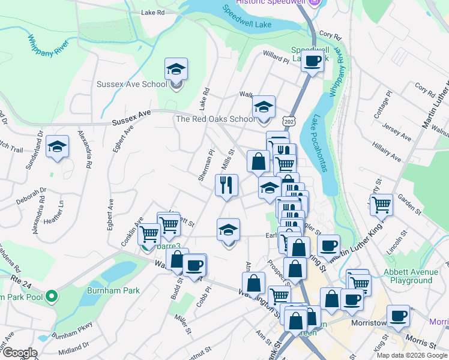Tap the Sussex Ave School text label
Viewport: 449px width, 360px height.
[132, 84]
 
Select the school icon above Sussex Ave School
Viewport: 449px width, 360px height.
[176, 70]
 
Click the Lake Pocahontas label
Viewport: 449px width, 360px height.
[319, 143]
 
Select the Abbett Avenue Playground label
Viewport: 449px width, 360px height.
[411, 276]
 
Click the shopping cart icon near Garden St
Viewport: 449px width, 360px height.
[381, 205]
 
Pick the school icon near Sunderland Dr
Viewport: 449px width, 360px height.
[57, 147]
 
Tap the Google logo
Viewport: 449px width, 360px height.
[19, 353]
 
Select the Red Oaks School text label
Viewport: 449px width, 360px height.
[215, 119]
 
